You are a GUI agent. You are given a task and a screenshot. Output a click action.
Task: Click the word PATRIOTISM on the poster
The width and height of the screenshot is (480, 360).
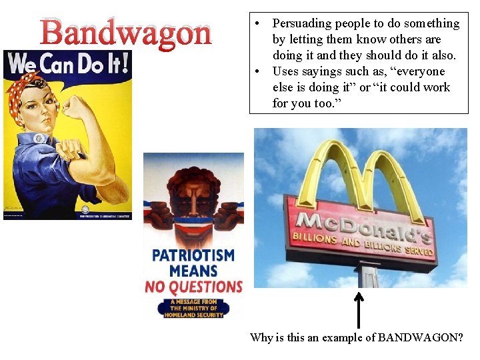pyautogui.click(x=193, y=255)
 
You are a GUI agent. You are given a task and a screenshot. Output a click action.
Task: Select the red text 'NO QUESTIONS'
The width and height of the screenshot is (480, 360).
pyautogui.click(x=193, y=287)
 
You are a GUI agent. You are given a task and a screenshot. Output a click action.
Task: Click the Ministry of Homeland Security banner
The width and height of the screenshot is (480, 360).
pyautogui.click(x=193, y=308)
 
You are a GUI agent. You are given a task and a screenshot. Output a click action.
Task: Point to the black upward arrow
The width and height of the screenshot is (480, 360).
pyautogui.click(x=359, y=309)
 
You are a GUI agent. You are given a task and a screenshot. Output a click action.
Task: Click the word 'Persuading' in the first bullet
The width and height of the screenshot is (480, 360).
pyautogui.click(x=301, y=23)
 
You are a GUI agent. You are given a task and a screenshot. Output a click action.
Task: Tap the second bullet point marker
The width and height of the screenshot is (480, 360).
pyautogui.click(x=257, y=71)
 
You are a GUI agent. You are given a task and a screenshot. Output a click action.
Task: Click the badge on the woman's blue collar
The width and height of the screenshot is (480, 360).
pyautogui.click(x=39, y=138)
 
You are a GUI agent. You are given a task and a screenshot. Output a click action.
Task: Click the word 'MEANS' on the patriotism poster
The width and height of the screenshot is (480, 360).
pyautogui.click(x=193, y=271)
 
